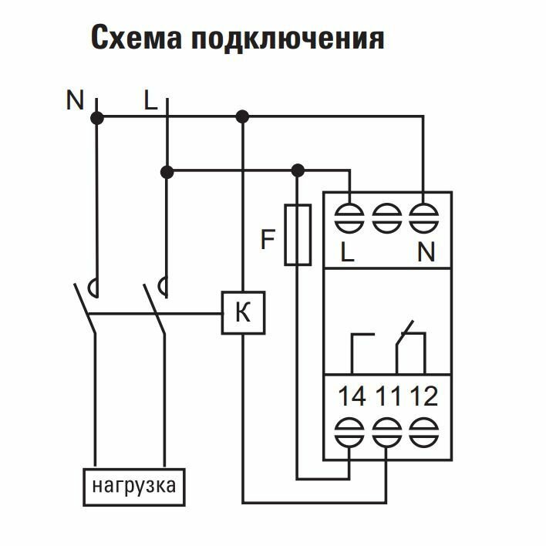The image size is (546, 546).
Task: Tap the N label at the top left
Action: (75, 100)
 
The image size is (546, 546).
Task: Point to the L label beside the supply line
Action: (150, 100)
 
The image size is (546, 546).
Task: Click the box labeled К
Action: (242, 313)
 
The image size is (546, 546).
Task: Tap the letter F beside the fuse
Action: (268, 241)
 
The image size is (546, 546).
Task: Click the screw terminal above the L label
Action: (349, 216)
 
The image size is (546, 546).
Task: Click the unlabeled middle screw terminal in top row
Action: (386, 216)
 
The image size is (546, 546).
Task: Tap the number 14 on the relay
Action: (352, 396)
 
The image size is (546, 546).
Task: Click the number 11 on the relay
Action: (388, 396)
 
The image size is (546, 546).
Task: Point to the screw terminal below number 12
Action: (423, 430)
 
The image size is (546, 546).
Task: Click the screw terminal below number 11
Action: (386, 430)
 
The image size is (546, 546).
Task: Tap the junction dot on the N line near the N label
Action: (97, 117)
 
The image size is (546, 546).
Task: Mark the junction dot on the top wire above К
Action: (242, 117)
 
